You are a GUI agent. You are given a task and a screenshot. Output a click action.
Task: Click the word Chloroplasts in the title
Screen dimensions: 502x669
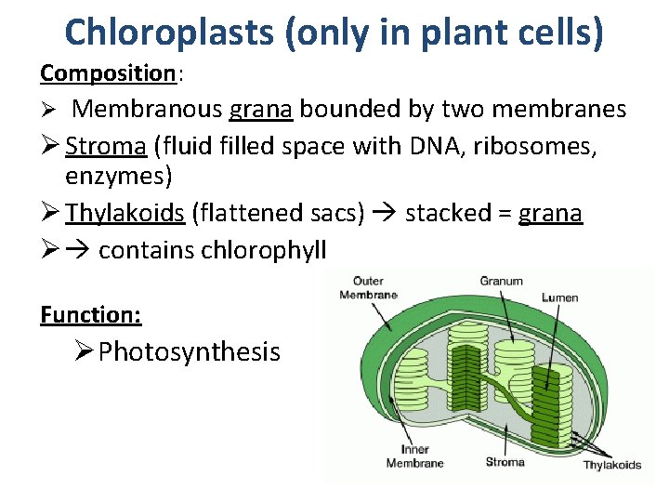166,33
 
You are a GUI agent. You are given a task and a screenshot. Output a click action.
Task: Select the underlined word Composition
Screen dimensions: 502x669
108,72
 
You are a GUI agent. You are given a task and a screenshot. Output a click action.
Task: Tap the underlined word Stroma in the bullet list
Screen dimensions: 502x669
106,147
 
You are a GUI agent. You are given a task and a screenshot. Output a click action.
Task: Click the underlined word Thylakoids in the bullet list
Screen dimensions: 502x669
125,213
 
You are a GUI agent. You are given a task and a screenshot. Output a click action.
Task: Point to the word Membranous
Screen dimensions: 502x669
147,110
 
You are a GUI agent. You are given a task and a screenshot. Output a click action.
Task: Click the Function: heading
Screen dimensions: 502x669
91,315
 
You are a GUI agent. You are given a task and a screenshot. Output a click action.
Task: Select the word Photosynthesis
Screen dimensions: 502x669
190,351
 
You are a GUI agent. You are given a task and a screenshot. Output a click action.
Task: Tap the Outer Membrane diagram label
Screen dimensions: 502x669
369,287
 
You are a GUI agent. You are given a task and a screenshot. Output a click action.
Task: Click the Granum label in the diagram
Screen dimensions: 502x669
501,281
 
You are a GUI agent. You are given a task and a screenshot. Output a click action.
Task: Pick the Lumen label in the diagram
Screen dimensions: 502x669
560,297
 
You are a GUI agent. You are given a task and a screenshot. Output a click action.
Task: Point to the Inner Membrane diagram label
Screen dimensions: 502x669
414,456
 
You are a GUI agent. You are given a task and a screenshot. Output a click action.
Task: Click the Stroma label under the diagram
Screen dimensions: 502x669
505,461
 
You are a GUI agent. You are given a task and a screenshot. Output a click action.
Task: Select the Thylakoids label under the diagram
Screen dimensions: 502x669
611,465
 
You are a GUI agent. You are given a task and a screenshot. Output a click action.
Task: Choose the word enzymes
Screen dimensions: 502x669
119,175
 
